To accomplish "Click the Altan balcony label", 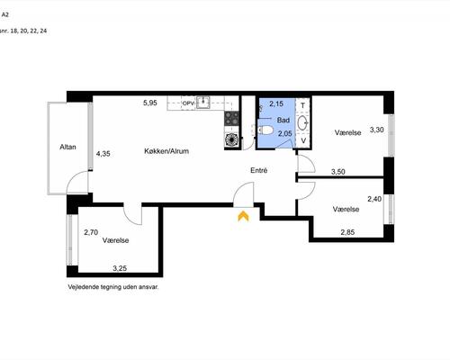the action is (x=67, y=147).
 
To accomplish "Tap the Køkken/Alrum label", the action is (x=166, y=151).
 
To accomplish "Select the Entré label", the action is (x=259, y=170).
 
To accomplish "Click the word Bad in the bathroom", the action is (x=283, y=120).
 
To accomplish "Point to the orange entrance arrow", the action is (x=243, y=216).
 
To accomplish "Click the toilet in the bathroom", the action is (x=265, y=130).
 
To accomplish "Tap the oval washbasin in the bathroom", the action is (x=303, y=122).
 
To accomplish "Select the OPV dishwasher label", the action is (x=189, y=103).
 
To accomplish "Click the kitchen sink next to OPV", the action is (x=203, y=102).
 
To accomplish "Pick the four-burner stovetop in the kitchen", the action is (x=231, y=118).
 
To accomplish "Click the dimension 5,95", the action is (x=150, y=103).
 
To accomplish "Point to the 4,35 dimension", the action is (x=103, y=154).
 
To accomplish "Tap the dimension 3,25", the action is (x=120, y=268).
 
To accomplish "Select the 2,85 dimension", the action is (x=347, y=232).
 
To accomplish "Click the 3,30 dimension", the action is (x=377, y=130).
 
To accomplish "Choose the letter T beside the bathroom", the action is (x=303, y=105).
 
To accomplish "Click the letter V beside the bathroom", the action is (x=303, y=140).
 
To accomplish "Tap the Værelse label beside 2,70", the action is (x=115, y=240).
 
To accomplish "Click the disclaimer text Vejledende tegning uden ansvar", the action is (x=113, y=287).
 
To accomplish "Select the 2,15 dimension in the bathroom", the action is (x=276, y=103).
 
